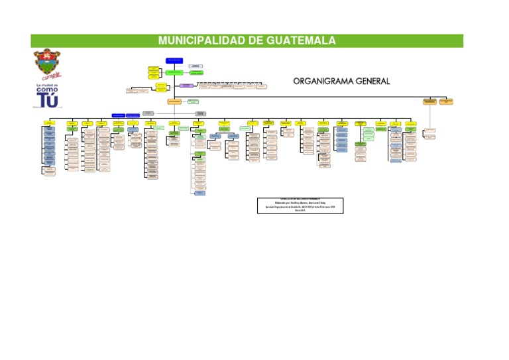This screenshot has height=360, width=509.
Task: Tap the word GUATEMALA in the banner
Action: tap(301, 41)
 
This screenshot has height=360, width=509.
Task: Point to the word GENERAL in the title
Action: tap(369, 82)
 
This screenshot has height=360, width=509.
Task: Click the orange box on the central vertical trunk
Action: tap(174, 101)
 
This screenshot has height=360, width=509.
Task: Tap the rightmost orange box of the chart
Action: tap(445, 101)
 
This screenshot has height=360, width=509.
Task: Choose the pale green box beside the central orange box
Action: tap(193, 101)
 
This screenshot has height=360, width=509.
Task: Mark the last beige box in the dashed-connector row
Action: tap(262, 86)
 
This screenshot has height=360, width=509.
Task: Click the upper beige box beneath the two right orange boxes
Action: tap(430, 129)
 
